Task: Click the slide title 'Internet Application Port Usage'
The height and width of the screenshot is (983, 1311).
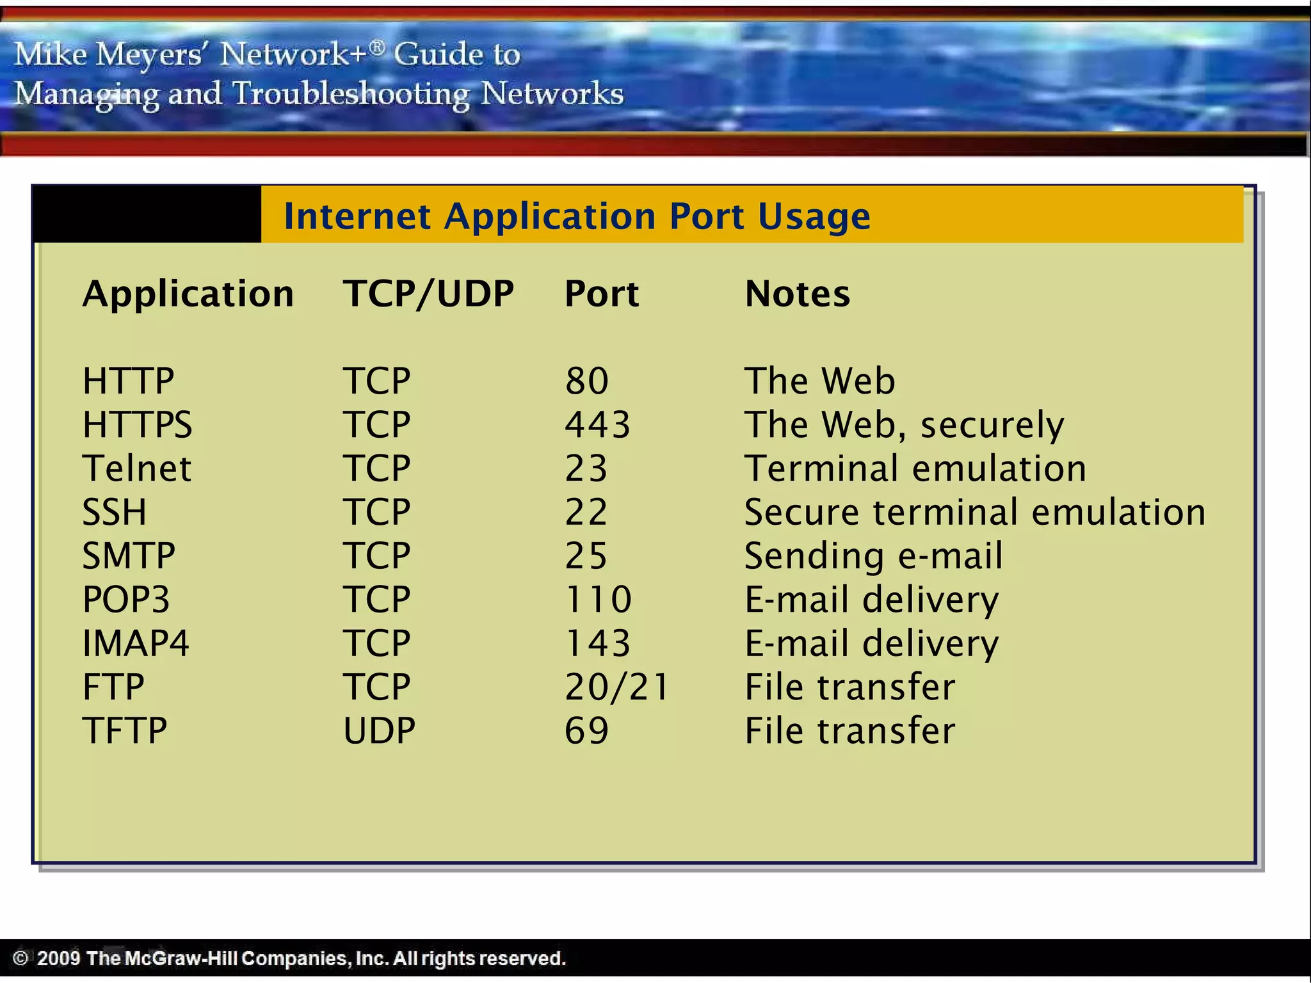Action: coord(576,216)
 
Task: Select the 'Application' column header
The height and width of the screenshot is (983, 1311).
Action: coord(188,294)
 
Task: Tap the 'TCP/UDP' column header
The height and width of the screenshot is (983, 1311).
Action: coord(428,294)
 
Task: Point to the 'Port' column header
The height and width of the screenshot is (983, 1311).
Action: coord(601,294)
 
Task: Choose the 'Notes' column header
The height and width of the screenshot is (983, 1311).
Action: coord(797,294)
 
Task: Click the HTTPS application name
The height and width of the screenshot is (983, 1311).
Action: coord(137,425)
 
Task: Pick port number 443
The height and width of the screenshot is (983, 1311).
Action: coord(597,425)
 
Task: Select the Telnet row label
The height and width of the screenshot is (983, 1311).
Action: coord(137,468)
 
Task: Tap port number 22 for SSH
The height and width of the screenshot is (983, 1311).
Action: coord(586,512)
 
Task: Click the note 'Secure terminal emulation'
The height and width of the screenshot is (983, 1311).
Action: coord(974,512)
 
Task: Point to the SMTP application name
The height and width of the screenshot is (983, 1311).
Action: coord(129,555)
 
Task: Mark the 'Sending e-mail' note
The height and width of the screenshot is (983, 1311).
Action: coord(873,555)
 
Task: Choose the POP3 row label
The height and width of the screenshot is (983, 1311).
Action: coord(126,600)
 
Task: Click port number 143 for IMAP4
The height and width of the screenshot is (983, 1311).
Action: coord(597,643)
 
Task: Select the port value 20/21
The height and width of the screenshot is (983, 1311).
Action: coord(616,687)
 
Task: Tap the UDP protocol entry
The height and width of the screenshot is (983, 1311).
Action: coord(379,730)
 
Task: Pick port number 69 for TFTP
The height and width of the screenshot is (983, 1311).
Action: coord(586,730)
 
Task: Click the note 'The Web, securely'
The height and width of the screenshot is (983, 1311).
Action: coord(904,425)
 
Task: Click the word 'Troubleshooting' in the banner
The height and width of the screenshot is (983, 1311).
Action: coord(350,94)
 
